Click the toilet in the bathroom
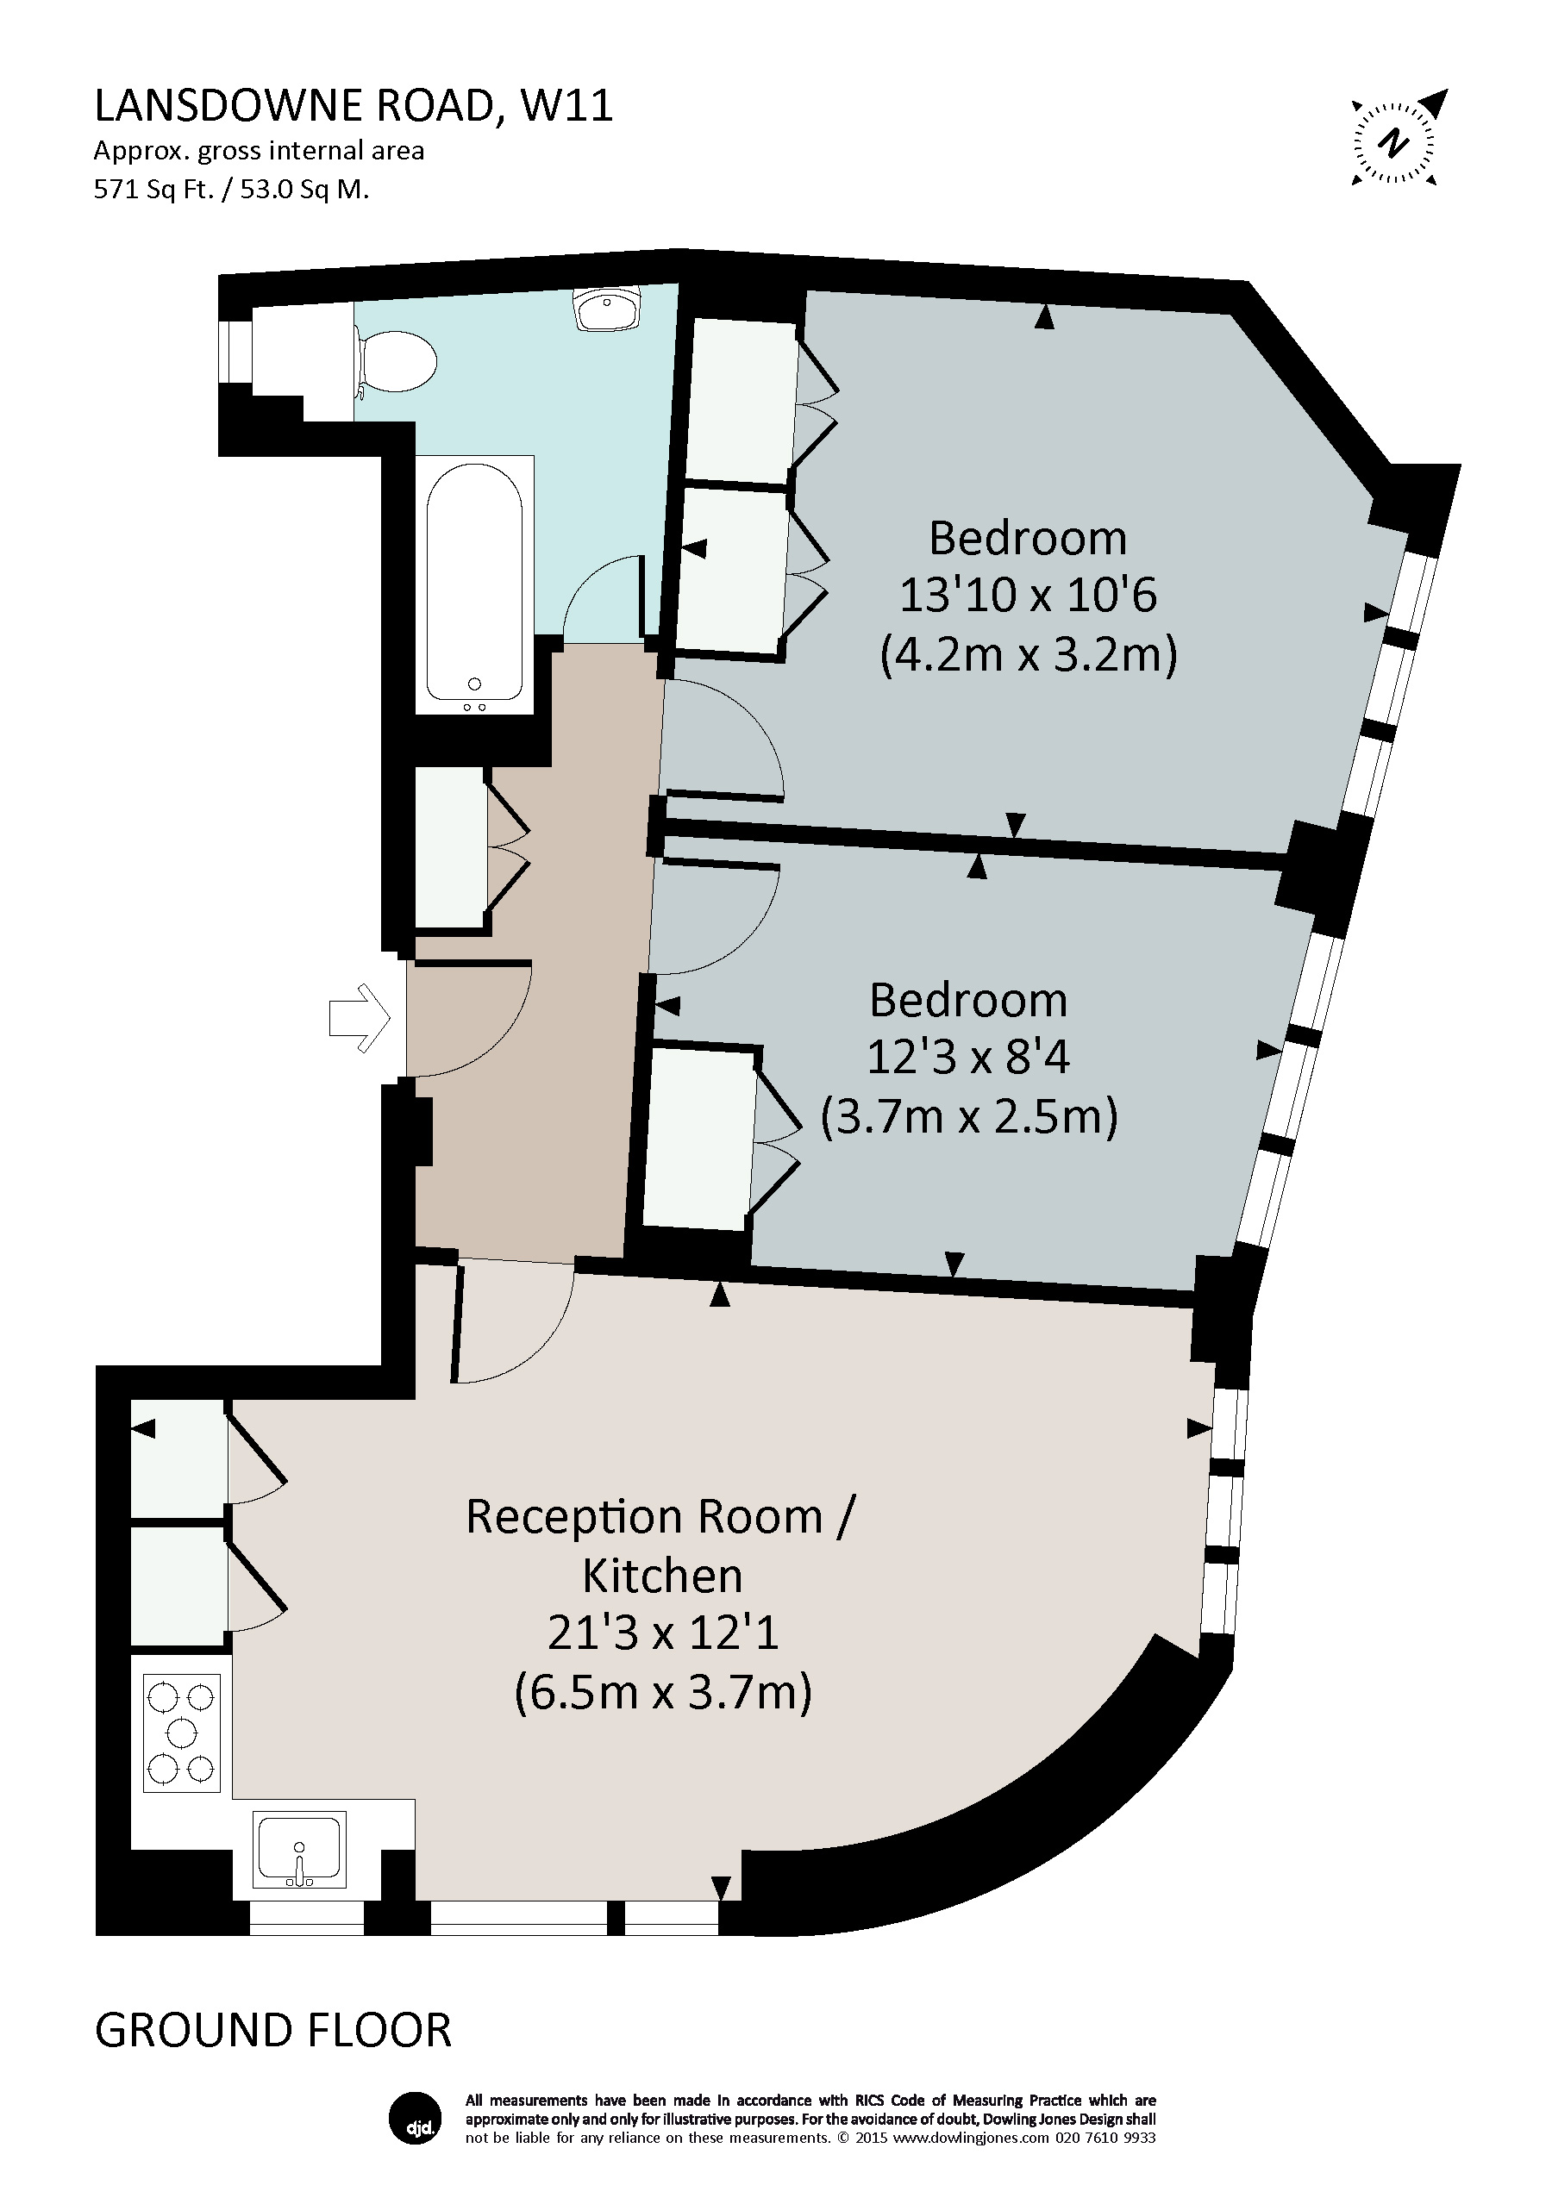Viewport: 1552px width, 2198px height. (394, 362)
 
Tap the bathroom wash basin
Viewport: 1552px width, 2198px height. (606, 309)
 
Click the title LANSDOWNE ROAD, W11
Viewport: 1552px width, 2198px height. (354, 105)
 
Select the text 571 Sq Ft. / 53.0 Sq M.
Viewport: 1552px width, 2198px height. (231, 190)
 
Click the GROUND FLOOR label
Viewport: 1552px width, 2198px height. (272, 2031)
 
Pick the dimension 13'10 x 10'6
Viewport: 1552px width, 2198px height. (1027, 596)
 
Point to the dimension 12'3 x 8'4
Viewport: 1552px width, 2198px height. (968, 1058)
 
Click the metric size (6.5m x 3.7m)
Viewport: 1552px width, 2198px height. (662, 1693)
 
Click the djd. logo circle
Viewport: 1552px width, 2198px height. (414, 2119)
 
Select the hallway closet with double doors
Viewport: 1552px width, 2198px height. (450, 847)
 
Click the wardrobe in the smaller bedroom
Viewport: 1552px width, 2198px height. (699, 1137)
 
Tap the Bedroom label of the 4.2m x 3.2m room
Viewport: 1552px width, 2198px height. (1027, 538)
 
